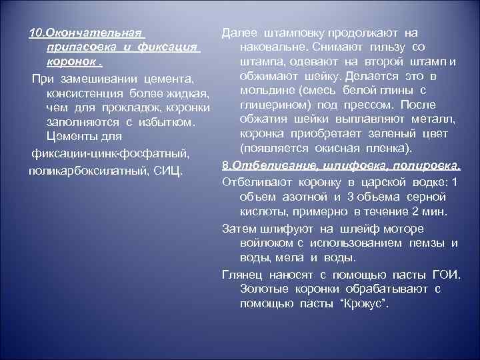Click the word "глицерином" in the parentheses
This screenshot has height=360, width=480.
[271, 104]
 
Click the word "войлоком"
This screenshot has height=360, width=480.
[263, 242]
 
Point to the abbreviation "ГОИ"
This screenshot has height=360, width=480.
[446, 274]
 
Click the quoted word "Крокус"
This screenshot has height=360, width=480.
[363, 303]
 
